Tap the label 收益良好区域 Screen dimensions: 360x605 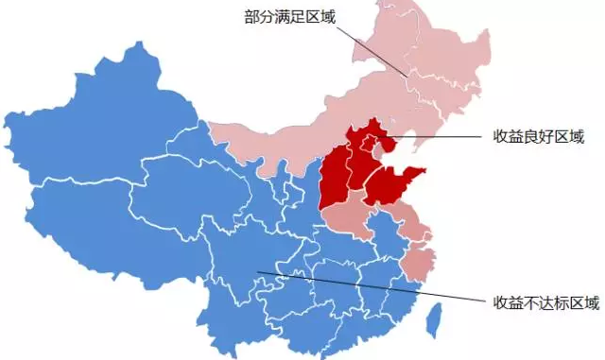click(x=538, y=137)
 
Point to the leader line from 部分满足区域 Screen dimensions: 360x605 click(x=373, y=47)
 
